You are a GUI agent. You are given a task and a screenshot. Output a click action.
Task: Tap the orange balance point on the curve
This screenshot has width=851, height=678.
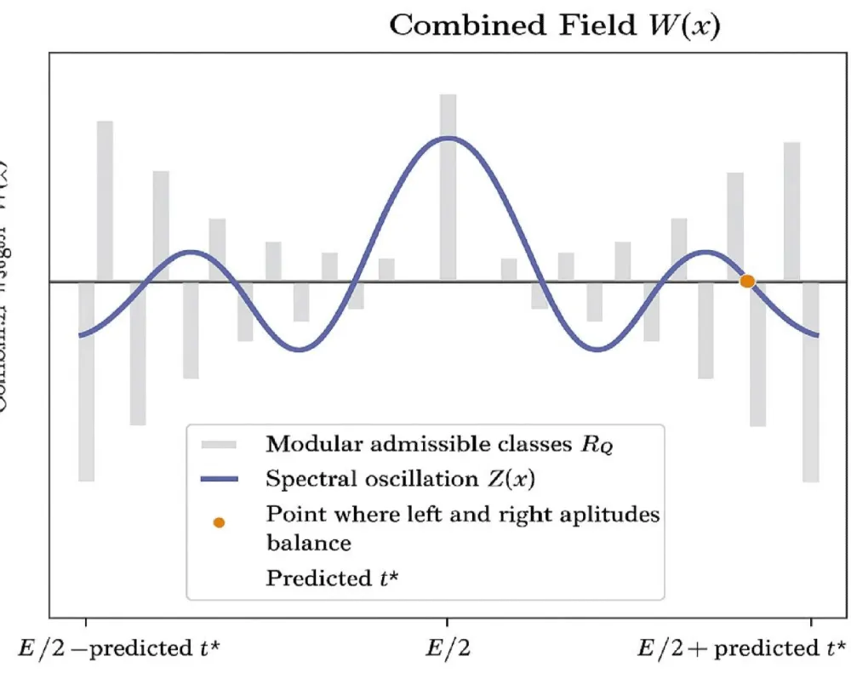tap(747, 281)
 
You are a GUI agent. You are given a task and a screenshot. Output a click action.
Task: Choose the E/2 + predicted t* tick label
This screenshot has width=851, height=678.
tap(742, 649)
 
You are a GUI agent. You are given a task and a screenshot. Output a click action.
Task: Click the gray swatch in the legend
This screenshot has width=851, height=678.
tap(220, 444)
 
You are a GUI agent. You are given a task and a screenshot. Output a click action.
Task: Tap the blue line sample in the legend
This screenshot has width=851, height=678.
tap(220, 480)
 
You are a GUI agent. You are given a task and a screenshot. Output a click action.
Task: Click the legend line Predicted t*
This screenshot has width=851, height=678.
tap(335, 578)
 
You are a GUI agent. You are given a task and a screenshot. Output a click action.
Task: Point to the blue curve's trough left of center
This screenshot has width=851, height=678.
tap(298, 348)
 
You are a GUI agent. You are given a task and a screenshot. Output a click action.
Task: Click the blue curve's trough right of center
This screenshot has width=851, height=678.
tap(599, 348)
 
